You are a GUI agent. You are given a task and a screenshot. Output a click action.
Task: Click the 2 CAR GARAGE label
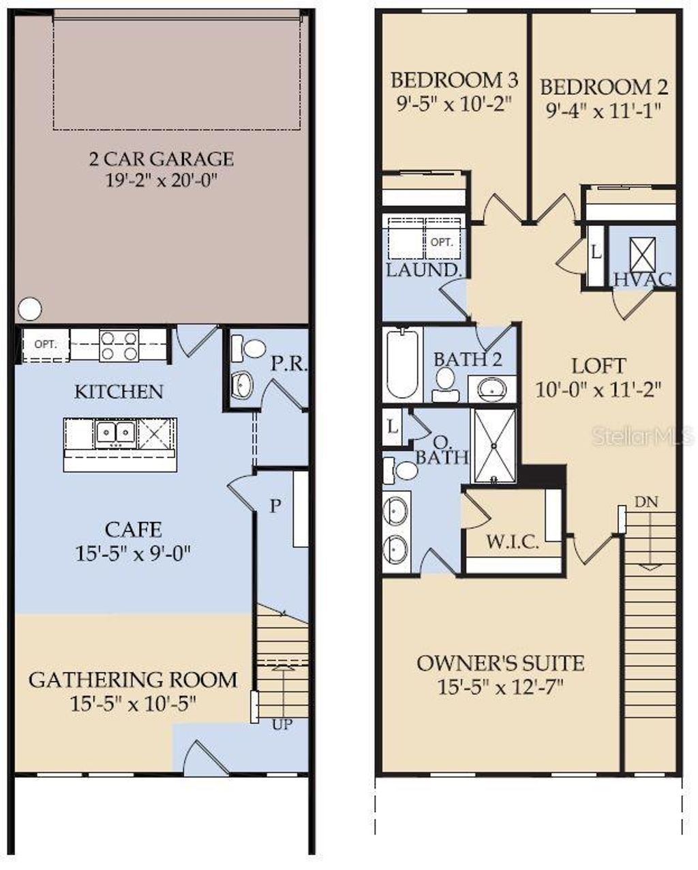coord(161,159)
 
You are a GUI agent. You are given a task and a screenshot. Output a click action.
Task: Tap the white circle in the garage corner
coord(29,309)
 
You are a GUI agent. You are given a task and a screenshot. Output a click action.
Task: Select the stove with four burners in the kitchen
coord(119,345)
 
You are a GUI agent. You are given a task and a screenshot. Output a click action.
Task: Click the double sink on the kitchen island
coord(115,432)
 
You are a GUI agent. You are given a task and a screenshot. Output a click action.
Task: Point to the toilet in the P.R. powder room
coord(254,349)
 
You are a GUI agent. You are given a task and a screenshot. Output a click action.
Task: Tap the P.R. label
coord(289,364)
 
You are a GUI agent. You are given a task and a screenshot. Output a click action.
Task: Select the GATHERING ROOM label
coord(133,680)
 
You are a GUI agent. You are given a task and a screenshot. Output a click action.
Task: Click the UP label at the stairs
coord(282,725)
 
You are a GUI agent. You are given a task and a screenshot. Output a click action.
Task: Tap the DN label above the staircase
coord(646,502)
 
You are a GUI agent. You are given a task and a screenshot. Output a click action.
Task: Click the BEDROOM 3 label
coord(454,80)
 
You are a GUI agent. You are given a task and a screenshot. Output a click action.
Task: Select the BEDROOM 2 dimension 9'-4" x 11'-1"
coord(603,111)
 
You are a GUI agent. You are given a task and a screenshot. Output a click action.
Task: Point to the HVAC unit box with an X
coord(641,255)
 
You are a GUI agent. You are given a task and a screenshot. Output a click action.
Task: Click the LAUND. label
coord(423,270)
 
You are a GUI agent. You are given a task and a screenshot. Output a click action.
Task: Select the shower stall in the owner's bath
coord(494,446)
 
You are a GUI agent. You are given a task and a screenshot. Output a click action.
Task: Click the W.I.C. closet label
coord(512,542)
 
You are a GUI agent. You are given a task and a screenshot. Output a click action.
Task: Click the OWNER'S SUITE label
coord(500,663)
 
